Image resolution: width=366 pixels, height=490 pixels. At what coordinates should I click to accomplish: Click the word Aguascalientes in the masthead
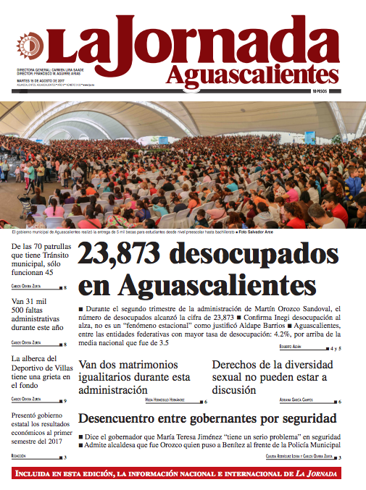coord(251,74)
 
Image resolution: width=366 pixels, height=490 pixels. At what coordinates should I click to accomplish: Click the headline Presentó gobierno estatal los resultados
coord(39,428)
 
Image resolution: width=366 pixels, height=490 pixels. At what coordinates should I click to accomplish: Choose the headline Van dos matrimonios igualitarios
coord(134,377)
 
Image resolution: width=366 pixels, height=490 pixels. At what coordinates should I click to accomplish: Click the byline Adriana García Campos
coord(298,400)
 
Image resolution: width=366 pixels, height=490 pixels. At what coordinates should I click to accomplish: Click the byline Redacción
coord(20,457)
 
